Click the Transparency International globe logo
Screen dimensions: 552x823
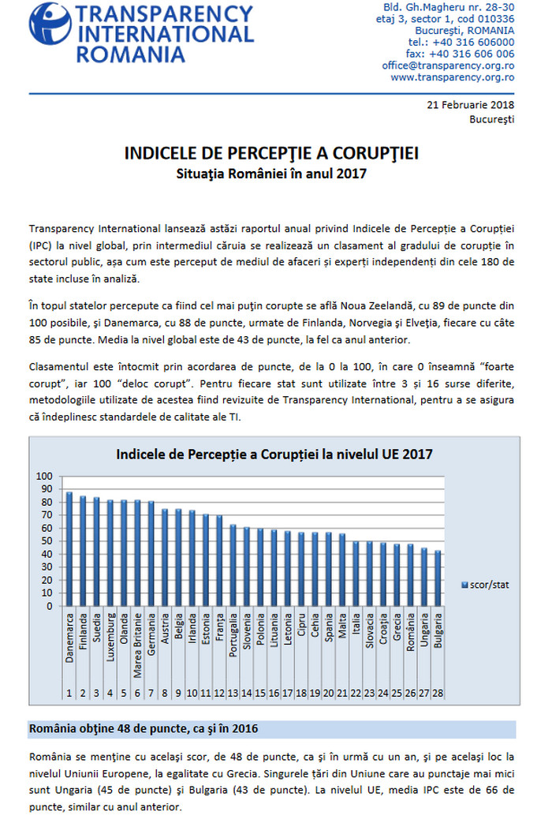50,24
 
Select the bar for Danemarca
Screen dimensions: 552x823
69,548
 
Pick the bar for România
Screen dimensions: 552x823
410,574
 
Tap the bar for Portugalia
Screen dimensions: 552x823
233,565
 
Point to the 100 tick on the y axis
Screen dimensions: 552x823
44,476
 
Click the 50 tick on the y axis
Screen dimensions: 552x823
47,541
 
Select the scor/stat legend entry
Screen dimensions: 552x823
485,585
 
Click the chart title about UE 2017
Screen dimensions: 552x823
274,454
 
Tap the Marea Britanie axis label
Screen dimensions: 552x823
137,645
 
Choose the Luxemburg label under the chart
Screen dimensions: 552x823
110,637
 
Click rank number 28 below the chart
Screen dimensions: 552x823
438,693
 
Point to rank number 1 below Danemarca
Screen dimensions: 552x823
69,693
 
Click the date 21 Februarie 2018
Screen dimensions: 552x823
470,104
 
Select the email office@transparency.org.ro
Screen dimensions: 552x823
448,65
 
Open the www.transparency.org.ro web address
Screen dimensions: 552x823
453,77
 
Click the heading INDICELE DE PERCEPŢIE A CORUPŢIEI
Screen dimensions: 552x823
271,153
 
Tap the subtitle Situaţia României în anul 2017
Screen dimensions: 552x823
271,174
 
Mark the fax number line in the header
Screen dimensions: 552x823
461,54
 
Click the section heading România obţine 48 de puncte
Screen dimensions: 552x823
144,728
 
